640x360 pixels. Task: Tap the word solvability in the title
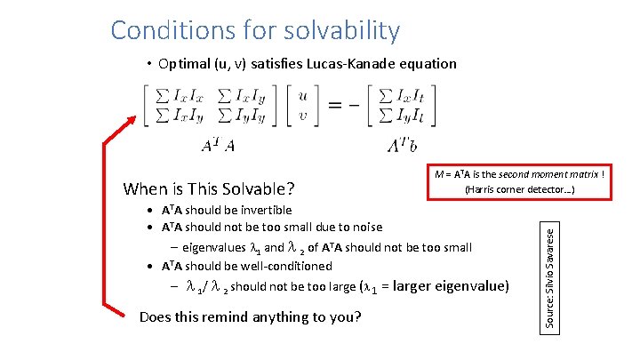tap(342, 31)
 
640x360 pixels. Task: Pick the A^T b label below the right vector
tap(402, 146)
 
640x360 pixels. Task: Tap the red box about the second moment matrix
tap(519, 181)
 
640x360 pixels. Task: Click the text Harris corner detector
tap(517, 189)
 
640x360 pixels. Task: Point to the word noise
tap(365, 228)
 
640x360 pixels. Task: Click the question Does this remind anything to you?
tap(251, 316)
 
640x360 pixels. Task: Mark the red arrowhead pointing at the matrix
tap(133, 122)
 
